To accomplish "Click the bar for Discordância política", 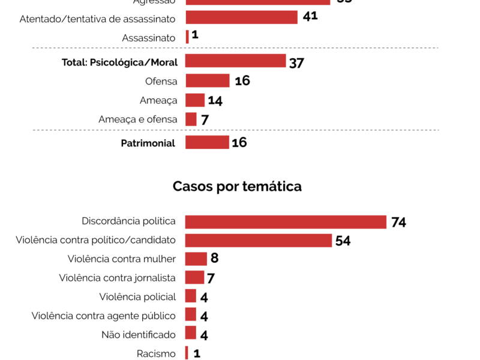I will click(286, 222).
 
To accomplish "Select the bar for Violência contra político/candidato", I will click(259, 241).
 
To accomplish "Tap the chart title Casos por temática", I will click(237, 187).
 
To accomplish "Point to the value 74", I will click(398, 223).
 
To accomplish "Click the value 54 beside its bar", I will click(343, 241).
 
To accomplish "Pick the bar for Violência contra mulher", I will click(196, 259).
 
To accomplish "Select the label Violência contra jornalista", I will click(118, 278).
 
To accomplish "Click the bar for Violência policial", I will click(191, 296).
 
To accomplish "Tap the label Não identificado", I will click(139, 334).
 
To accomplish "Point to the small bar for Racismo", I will click(187, 353).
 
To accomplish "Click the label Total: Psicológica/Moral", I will click(119, 62).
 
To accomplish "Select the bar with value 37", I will click(235, 61).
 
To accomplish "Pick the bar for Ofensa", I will click(208, 81).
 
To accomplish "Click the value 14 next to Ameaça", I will click(215, 101).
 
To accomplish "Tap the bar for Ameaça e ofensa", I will click(191, 119).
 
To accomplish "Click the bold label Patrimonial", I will click(148, 143).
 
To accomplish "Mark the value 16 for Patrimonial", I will click(239, 142).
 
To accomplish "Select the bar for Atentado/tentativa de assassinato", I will click(241, 17).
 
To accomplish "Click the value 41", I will click(310, 16).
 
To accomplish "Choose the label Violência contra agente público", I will click(104, 316).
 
